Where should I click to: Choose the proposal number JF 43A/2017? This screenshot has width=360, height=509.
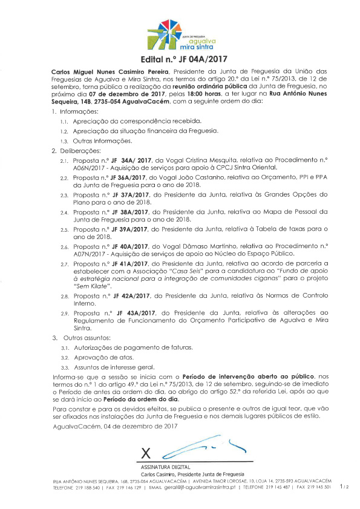click(129, 312)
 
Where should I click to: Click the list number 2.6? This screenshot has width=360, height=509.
click(64, 247)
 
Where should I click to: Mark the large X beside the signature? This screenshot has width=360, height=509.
click(145, 453)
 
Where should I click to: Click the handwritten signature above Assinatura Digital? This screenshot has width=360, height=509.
click(200, 448)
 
